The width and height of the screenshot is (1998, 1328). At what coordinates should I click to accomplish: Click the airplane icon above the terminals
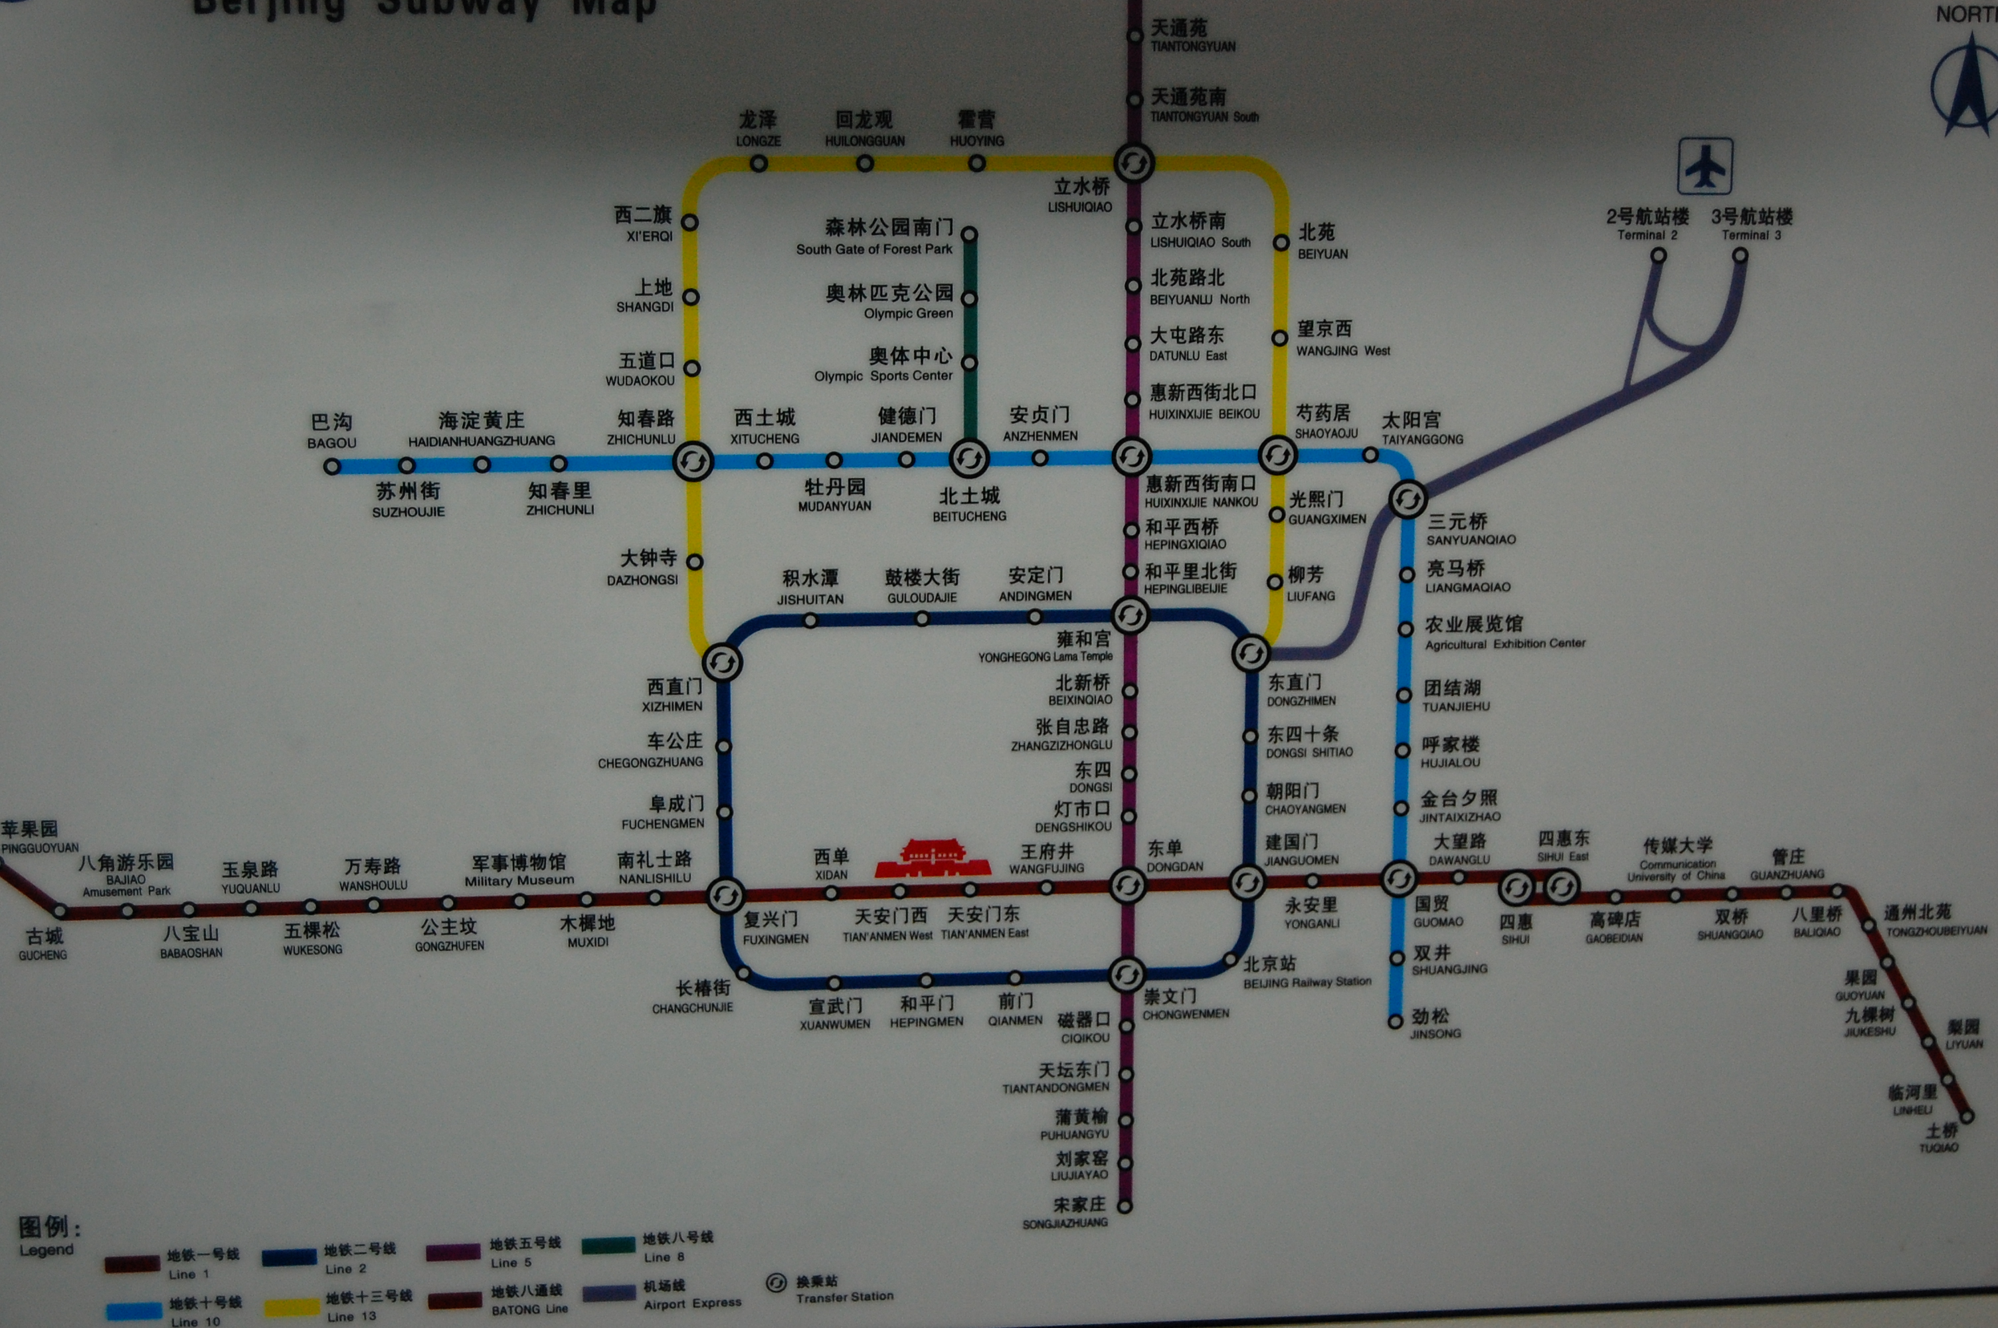tap(1704, 166)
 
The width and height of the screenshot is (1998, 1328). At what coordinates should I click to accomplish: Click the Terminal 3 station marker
tap(1740, 256)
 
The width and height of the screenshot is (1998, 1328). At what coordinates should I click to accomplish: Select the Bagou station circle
tap(332, 466)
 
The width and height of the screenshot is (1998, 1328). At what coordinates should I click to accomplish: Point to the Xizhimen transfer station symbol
tap(723, 662)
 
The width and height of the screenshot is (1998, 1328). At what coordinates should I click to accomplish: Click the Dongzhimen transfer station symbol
tap(1251, 653)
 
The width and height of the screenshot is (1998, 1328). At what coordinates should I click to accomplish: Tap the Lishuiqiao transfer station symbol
tap(1133, 163)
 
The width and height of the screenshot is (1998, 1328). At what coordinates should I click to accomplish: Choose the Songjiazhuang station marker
tap(1125, 1206)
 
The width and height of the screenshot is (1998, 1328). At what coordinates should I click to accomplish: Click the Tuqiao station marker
tap(1967, 1116)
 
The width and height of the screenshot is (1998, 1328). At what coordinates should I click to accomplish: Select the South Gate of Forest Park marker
tap(970, 234)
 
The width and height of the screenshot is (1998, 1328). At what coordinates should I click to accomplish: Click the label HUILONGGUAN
tap(865, 141)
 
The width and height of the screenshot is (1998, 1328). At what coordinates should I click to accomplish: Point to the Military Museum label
tap(519, 881)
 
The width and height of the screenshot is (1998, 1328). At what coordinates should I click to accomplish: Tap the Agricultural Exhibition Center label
tap(1504, 643)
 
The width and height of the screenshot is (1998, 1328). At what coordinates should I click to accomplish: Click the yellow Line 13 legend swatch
tap(292, 1307)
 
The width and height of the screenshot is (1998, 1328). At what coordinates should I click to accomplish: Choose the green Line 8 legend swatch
tap(608, 1246)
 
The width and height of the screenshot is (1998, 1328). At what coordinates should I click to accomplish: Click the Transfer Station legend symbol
tap(776, 1283)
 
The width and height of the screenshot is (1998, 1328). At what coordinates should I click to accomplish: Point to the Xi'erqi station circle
tap(690, 222)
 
